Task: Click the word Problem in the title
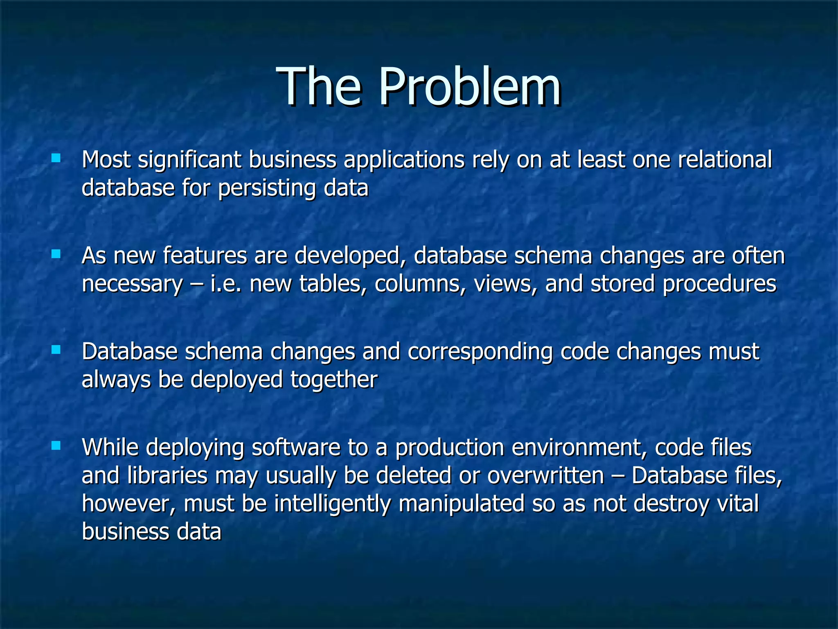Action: (469, 87)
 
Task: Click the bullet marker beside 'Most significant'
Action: (56, 158)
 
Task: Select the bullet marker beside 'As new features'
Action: (56, 254)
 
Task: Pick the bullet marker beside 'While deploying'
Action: (56, 446)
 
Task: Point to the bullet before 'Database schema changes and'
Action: (56, 350)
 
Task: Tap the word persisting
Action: (267, 188)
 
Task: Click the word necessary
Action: (132, 284)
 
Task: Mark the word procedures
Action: (719, 284)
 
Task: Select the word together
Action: (334, 380)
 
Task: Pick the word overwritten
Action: (545, 475)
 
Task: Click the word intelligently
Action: (332, 504)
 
